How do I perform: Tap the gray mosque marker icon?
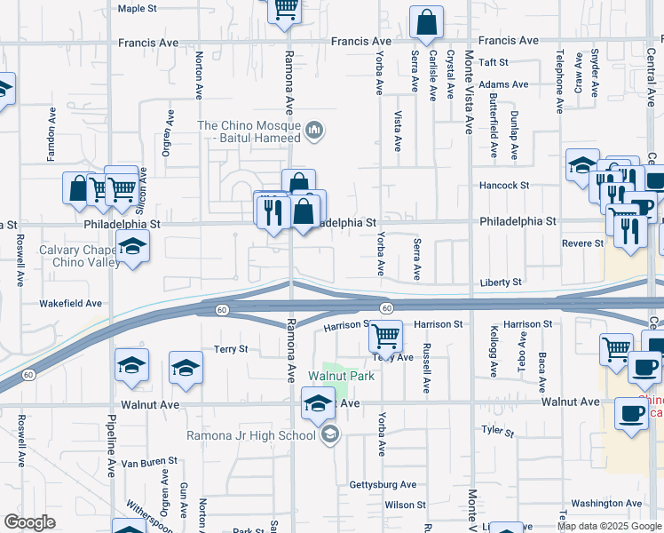(x=313, y=132)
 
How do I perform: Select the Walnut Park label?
(x=341, y=376)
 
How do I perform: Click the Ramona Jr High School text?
(x=250, y=435)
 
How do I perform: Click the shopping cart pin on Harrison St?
(x=385, y=337)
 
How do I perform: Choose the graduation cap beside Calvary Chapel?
(x=132, y=246)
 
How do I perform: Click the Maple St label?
(x=137, y=8)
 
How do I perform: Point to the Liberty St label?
(x=502, y=282)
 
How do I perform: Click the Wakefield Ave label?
(x=70, y=303)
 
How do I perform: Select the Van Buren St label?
(x=149, y=462)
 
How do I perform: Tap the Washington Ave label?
(x=606, y=503)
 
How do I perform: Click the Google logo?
(x=30, y=522)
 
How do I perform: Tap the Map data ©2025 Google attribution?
(x=609, y=526)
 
